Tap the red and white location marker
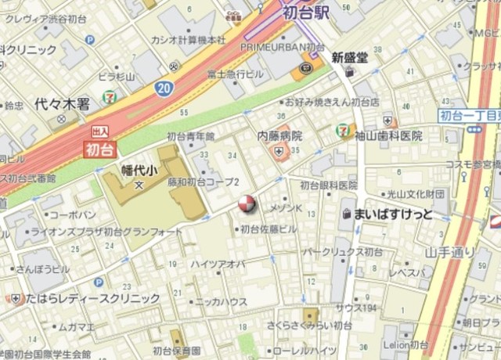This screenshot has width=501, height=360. click(246, 205)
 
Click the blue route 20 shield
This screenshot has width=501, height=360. click(164, 88)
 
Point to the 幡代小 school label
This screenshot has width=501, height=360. click(139, 169)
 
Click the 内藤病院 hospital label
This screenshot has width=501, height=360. click(280, 135)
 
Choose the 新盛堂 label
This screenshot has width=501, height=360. click(348, 57)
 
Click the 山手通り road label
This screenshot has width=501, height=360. click(450, 252)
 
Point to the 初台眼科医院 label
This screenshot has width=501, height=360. click(329, 185)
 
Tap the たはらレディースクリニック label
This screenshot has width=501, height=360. click(92, 298)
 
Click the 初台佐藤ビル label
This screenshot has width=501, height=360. click(269, 229)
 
